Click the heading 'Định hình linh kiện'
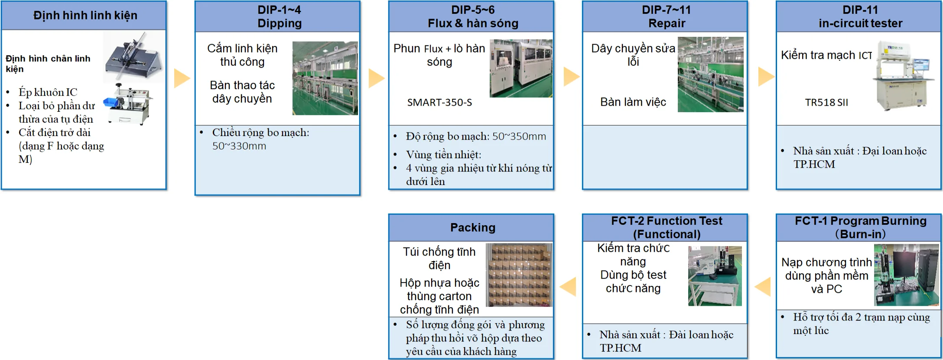coord(85,16)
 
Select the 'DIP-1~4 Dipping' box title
coord(280,16)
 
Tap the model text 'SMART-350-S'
coord(439,103)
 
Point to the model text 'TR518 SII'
coord(826,103)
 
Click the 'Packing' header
coord(473,227)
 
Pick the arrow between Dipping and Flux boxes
coord(377,78)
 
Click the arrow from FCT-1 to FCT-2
coord(763,287)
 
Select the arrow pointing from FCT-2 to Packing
coord(568,287)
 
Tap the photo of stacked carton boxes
coord(519,275)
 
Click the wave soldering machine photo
coord(521,68)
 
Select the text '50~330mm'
coord(239,146)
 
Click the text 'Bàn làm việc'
coord(633,102)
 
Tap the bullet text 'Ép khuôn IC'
coord(48,92)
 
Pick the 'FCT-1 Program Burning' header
coord(861,221)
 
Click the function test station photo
coord(715,276)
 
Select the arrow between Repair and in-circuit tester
coord(766,77)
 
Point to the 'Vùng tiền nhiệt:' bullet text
coord(444,155)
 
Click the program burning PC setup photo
coord(907,275)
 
